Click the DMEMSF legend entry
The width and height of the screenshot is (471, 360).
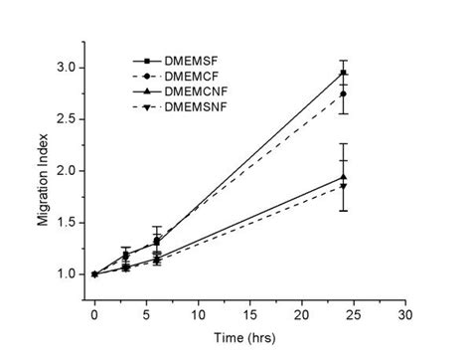194,60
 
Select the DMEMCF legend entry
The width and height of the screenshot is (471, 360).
194,76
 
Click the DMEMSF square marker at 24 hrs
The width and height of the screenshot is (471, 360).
343,73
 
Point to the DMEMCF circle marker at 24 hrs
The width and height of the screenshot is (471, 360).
343,94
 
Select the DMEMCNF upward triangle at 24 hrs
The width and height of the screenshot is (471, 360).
343,177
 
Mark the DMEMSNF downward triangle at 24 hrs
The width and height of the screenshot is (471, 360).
343,186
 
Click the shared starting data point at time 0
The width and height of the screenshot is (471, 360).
93,273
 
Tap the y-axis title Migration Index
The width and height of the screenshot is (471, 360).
45,179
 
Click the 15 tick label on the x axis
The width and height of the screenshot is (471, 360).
248,314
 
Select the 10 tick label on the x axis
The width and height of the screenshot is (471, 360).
197,314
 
